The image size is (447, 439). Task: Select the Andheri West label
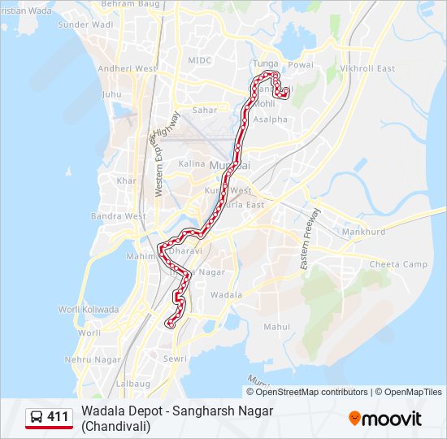[128, 69]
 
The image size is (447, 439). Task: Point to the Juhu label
[111, 94]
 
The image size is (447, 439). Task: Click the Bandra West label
[118, 216]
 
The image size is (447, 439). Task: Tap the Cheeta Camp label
[398, 264]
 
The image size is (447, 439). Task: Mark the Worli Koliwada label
[89, 310]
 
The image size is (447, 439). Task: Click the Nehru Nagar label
[93, 359]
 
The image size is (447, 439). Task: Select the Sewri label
[175, 359]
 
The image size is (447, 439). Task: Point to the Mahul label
[276, 327]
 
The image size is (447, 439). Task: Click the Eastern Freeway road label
[310, 239]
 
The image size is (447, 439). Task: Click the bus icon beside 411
[37, 417]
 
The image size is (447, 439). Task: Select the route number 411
[58, 417]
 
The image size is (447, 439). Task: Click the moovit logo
[385, 419]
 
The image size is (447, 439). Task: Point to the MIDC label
[199, 60]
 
